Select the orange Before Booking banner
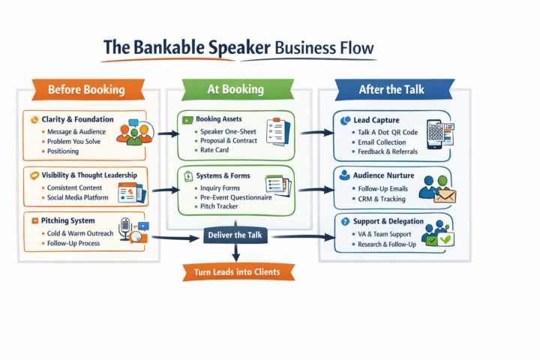[85, 90]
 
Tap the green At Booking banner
[235, 89]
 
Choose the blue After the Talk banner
[390, 89]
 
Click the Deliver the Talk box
[235, 235]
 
